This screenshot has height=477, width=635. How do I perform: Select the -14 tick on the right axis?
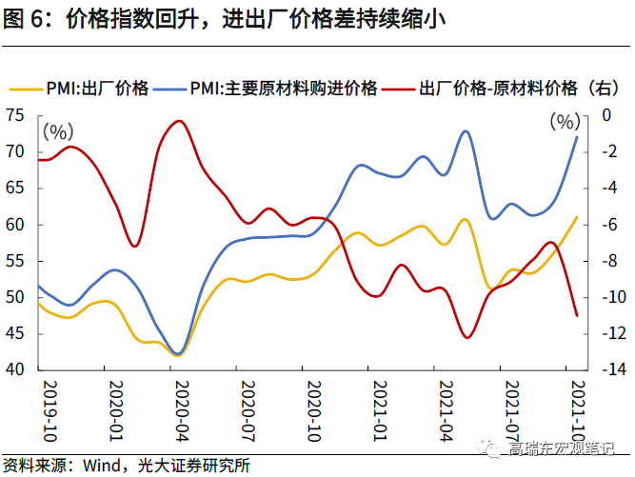pos(605,370)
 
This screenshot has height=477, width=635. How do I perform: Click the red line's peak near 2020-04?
pos(180,121)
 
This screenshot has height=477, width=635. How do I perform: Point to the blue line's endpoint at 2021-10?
pos(577,136)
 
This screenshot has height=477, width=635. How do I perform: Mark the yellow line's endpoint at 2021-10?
pos(577,217)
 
